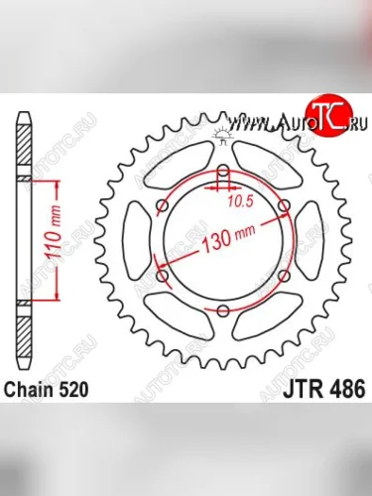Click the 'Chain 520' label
coord(50,390)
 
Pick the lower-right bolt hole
coord(283,276)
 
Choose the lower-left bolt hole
coord(162,277)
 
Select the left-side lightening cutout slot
coord(135,241)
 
